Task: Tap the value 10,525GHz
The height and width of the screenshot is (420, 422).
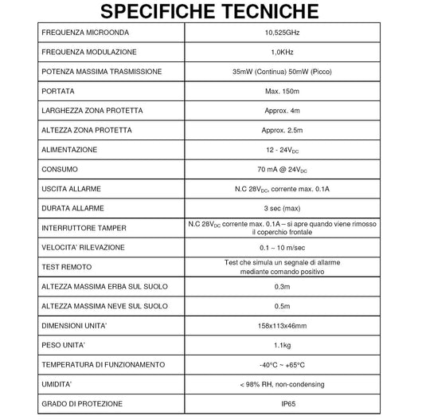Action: click(x=282, y=33)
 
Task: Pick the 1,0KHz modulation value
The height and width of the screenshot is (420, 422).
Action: click(x=282, y=53)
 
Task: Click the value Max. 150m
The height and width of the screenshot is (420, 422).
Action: click(x=282, y=92)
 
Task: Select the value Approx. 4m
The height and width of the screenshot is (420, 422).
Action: click(x=282, y=111)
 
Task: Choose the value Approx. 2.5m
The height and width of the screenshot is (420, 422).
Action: click(x=282, y=130)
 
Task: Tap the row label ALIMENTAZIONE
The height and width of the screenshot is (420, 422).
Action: click(x=72, y=150)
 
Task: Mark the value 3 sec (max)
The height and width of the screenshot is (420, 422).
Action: click(x=282, y=208)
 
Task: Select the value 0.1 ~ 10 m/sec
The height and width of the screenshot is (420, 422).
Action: click(x=282, y=247)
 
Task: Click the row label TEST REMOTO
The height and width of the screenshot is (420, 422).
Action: click(x=68, y=266)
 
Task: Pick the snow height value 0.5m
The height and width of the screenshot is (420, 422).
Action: click(x=282, y=305)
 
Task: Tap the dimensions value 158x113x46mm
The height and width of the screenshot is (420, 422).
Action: click(x=282, y=325)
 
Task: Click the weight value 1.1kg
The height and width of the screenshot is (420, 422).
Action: click(x=282, y=344)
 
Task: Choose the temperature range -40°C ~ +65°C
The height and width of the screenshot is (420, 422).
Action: click(x=282, y=364)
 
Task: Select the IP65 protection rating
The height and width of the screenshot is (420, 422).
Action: click(x=282, y=403)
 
